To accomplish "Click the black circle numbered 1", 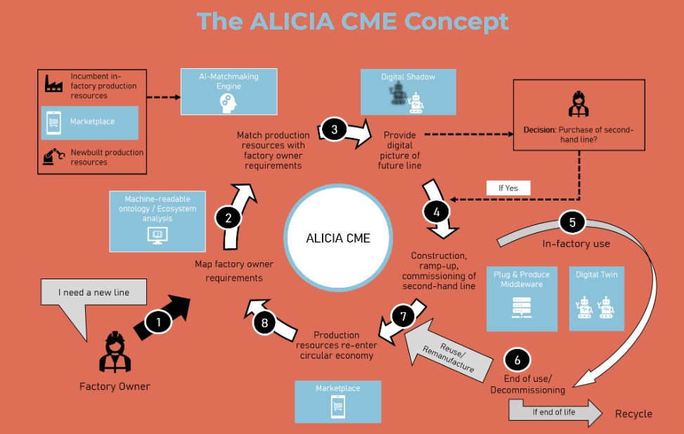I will tap(159, 322).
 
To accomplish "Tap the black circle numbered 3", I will tap(335, 129).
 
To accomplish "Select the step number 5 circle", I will tap(572, 222).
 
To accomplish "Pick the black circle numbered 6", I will tap(517, 360).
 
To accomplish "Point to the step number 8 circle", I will tap(265, 323).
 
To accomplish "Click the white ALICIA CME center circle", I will tap(337, 238).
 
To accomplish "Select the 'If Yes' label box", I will tap(507, 188).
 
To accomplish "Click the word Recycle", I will tap(633, 414).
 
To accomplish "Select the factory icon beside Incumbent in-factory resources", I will tap(54, 84).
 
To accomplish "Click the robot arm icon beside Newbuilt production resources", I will tap(54, 155).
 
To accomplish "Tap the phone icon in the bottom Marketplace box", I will tap(337, 407).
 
